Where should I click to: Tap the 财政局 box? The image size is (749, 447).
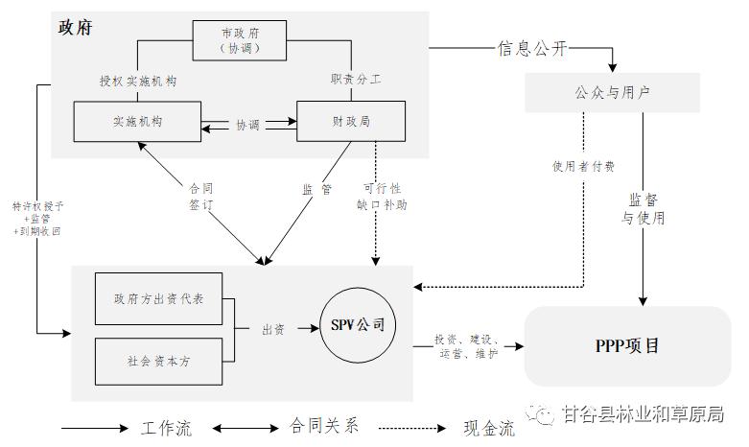coord(350,123)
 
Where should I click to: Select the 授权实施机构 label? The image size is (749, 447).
coord(137,81)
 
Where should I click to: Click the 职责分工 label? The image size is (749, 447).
coord(356,81)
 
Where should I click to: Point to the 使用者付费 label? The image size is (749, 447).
coord(583,166)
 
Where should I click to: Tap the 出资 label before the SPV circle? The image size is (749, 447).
coord(273,329)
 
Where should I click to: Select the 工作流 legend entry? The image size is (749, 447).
coord(166,428)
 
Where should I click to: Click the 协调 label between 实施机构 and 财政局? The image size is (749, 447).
coord(247,125)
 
